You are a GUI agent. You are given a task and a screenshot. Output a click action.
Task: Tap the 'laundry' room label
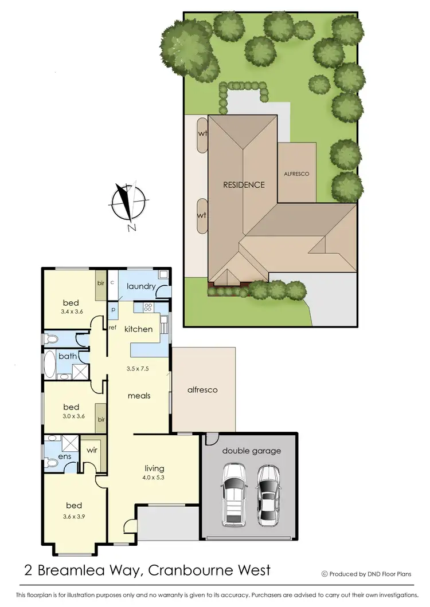point(141,286)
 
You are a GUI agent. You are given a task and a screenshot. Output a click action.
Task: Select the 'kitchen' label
point(139,329)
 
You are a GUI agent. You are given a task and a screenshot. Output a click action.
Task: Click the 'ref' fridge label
point(112,328)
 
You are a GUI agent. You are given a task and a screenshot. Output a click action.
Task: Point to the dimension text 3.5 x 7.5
point(138,369)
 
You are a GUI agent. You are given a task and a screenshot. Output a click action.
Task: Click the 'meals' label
point(139,396)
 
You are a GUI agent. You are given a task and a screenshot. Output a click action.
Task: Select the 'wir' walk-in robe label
point(92,451)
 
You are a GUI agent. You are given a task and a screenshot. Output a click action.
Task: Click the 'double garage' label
point(252,451)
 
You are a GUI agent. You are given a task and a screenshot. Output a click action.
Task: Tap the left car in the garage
point(233,494)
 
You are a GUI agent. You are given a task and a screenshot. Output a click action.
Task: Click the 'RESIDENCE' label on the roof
point(244,185)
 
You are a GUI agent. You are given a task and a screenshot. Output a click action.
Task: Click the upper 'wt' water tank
point(202,135)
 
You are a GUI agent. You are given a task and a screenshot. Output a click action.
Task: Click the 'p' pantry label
point(114,310)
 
